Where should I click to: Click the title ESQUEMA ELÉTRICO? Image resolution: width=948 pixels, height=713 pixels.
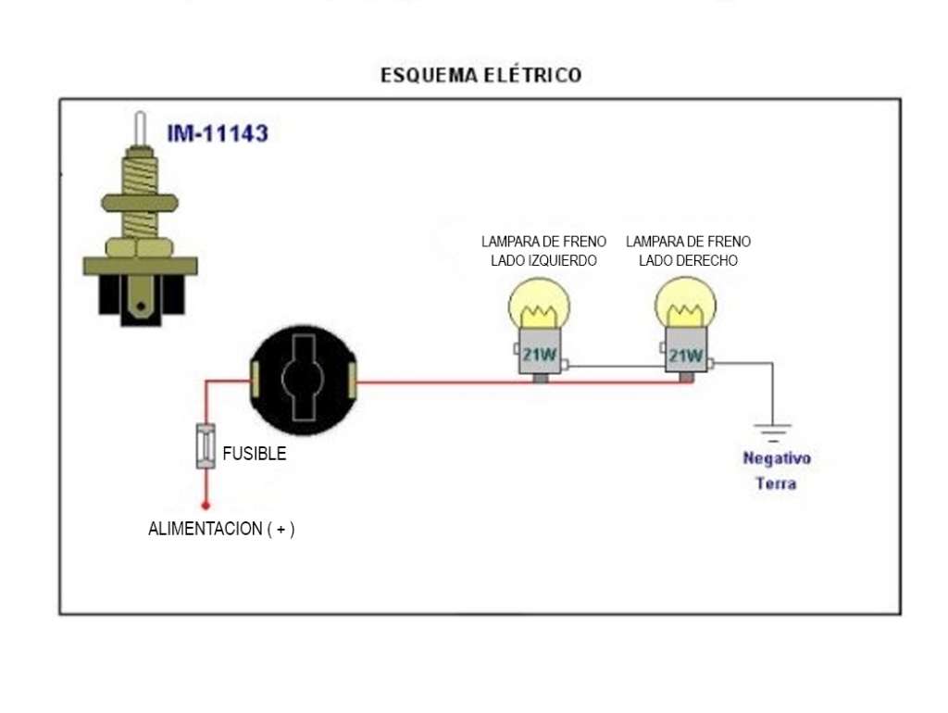481,75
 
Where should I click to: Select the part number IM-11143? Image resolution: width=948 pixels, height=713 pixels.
218,133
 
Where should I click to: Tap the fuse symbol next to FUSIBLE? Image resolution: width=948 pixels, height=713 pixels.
206,446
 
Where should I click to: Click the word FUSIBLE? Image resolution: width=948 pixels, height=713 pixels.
255,454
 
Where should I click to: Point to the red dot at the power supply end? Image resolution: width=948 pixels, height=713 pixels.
206,505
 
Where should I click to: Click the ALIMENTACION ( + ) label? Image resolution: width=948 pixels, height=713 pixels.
221,529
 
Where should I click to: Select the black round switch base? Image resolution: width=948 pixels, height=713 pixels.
304,380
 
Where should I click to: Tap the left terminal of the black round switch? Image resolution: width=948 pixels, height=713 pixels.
256,380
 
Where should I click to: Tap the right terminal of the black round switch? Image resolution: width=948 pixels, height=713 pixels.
353,380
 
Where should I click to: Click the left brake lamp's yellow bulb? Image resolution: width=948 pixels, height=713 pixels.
539,305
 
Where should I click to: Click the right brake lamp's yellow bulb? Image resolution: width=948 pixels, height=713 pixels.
686,305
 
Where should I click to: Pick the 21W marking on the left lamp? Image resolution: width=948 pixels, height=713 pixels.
540,355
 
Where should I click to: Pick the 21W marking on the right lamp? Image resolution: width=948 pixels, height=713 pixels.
686,355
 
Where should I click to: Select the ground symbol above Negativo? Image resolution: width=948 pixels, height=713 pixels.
773,433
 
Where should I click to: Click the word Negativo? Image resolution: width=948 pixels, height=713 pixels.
777,458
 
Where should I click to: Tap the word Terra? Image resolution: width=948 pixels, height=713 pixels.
776,483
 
